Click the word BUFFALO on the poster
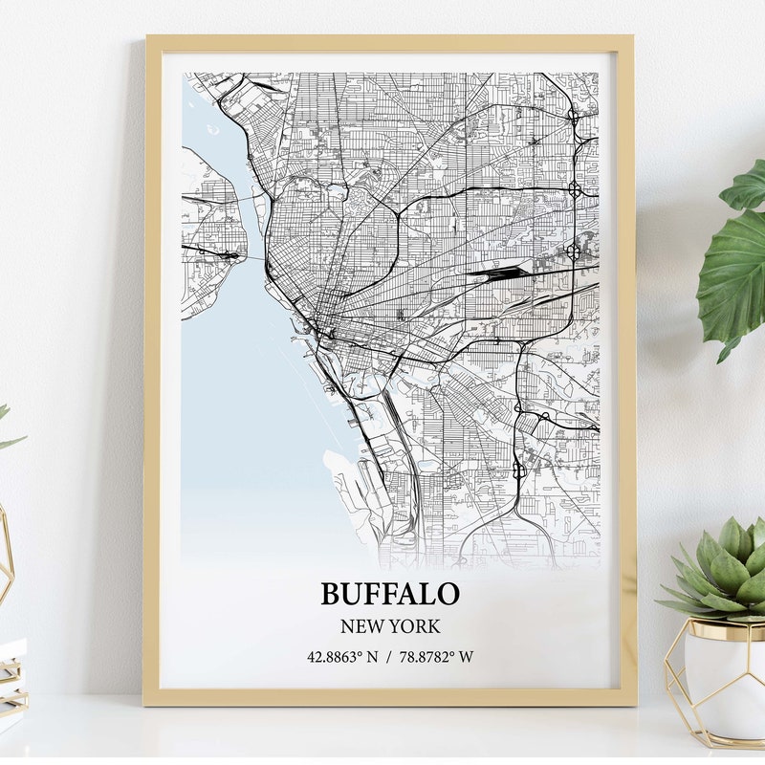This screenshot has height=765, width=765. click(389, 593)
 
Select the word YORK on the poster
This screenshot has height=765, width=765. click(416, 627)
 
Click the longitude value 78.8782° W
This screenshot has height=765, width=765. click(436, 657)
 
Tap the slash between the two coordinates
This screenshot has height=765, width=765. click(389, 657)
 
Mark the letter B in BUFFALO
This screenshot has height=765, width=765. click(331, 593)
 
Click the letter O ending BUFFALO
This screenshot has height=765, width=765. click(448, 593)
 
